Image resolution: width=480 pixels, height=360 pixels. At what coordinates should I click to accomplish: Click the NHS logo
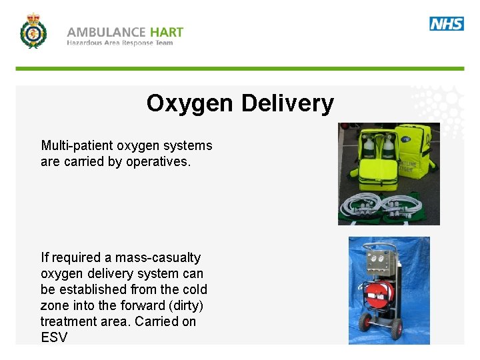(x=447, y=24)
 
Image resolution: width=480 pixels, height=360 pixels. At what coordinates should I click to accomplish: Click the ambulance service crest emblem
(x=33, y=31)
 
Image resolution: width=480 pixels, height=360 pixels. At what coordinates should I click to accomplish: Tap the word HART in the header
(x=167, y=32)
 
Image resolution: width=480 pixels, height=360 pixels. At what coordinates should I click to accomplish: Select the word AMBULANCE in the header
(x=106, y=32)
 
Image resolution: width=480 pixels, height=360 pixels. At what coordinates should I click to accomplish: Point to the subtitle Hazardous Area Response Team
(x=119, y=43)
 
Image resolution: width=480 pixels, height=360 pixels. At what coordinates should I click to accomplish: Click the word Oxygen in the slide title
(x=190, y=103)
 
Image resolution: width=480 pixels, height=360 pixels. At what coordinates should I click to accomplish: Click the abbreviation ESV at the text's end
(x=54, y=337)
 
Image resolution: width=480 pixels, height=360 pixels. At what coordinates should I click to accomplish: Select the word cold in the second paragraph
(x=195, y=289)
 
